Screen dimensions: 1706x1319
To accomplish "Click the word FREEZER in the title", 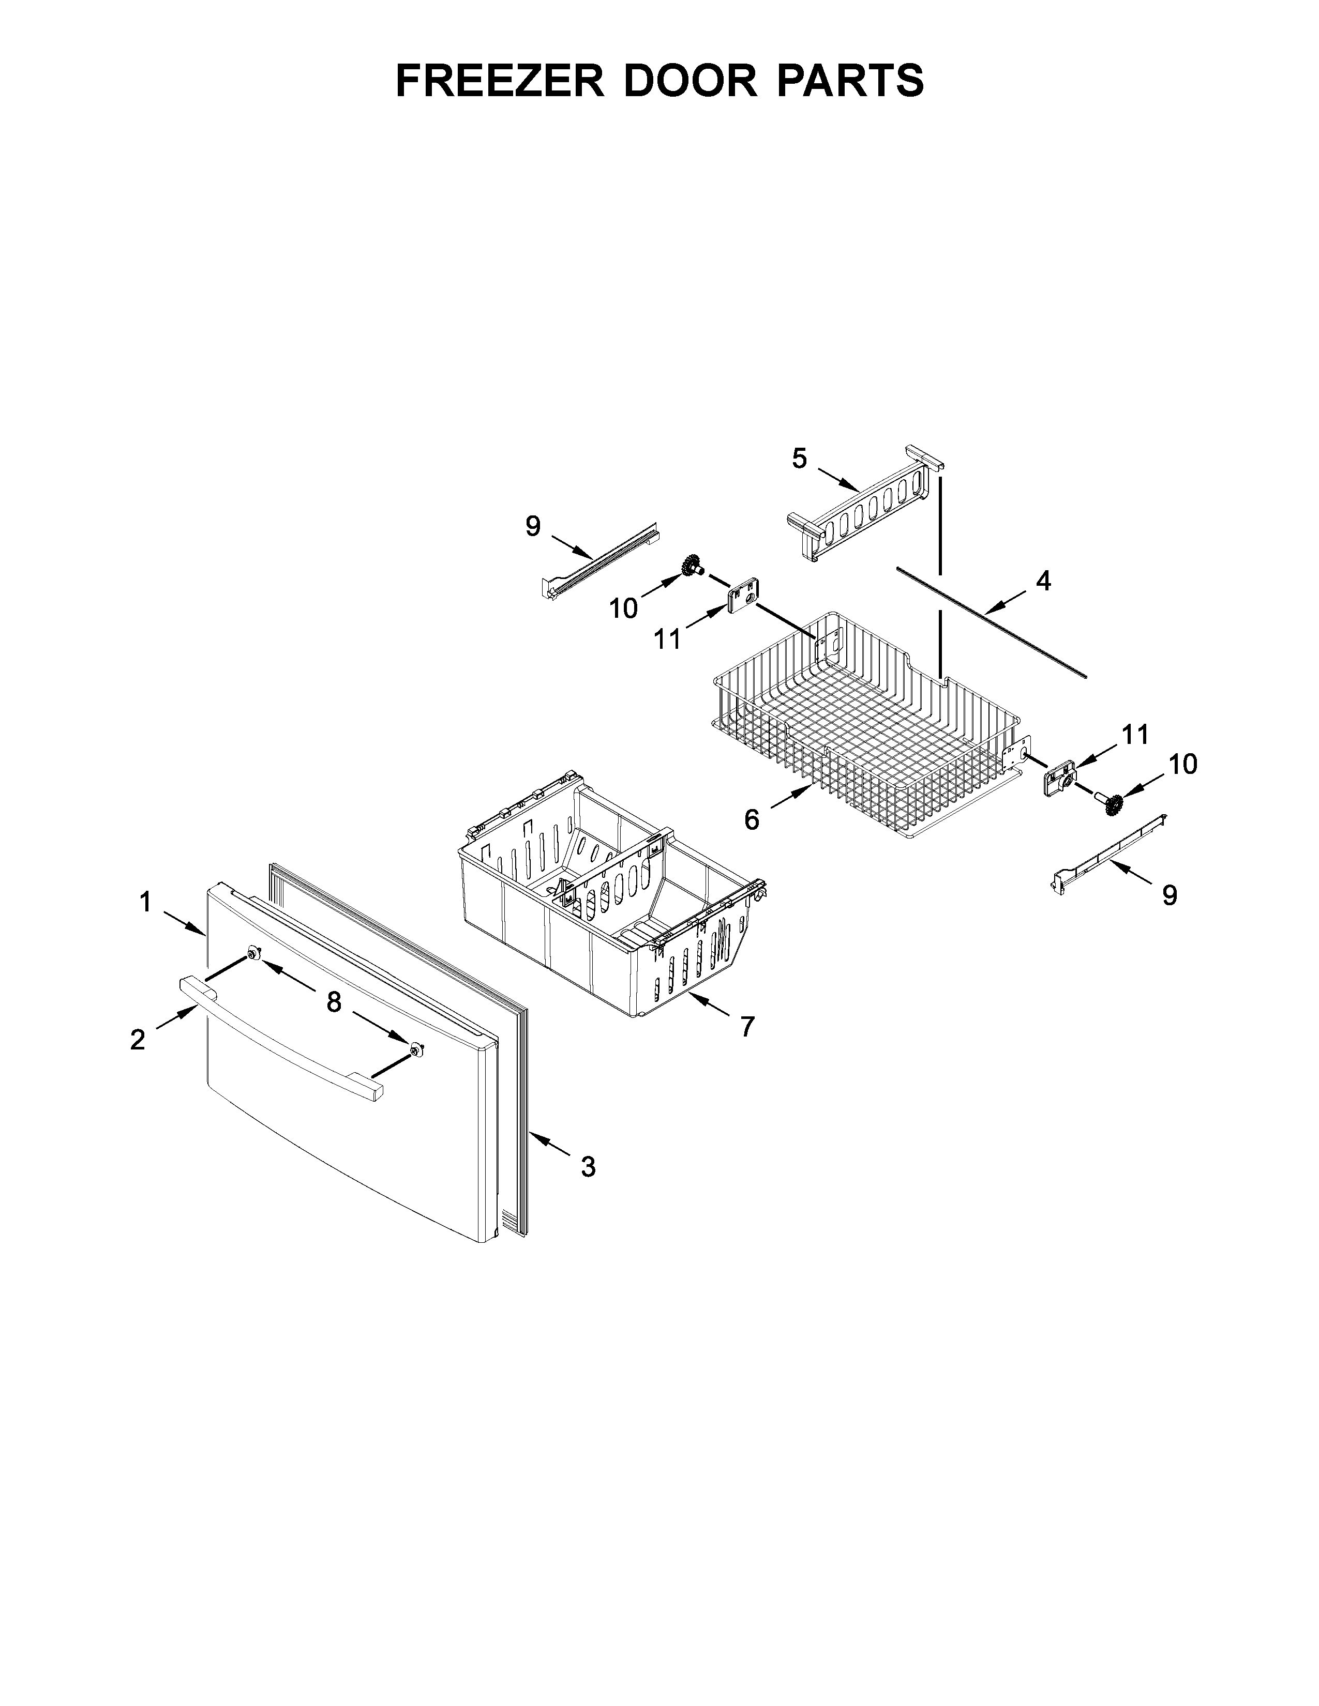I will point(499,81).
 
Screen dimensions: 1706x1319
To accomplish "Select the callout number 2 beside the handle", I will point(138,1039).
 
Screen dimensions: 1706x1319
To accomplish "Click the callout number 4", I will point(1043,581).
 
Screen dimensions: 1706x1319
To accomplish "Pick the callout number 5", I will point(799,459).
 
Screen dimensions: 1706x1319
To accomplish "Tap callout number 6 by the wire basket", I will point(752,819).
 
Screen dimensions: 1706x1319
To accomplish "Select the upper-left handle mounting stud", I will point(253,953).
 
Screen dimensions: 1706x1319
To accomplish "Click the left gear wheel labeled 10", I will point(690,565).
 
